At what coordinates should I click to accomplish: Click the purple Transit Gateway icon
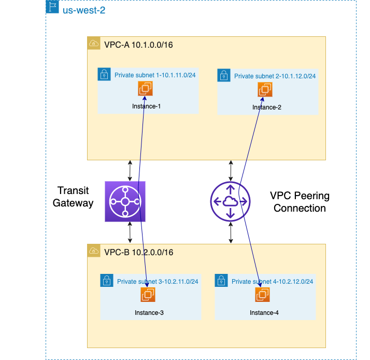point(125,202)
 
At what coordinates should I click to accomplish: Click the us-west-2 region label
point(84,10)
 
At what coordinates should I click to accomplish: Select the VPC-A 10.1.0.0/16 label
point(138,45)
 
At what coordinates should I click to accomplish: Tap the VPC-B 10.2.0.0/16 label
point(138,252)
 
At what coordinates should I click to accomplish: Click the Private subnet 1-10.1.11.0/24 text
point(155,75)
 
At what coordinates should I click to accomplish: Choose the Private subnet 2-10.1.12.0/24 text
point(275,76)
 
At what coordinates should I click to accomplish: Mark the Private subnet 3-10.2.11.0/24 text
point(158,282)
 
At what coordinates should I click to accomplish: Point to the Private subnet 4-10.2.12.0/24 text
point(272,282)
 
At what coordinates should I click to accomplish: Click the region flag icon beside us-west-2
point(52,7)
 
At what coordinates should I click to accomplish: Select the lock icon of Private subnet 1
point(104,75)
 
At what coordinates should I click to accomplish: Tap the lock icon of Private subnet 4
point(221,281)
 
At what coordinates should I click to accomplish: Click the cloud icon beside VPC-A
point(94,44)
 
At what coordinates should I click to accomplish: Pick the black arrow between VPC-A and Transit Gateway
point(130,170)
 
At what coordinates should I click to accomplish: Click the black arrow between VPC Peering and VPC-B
point(231,234)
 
